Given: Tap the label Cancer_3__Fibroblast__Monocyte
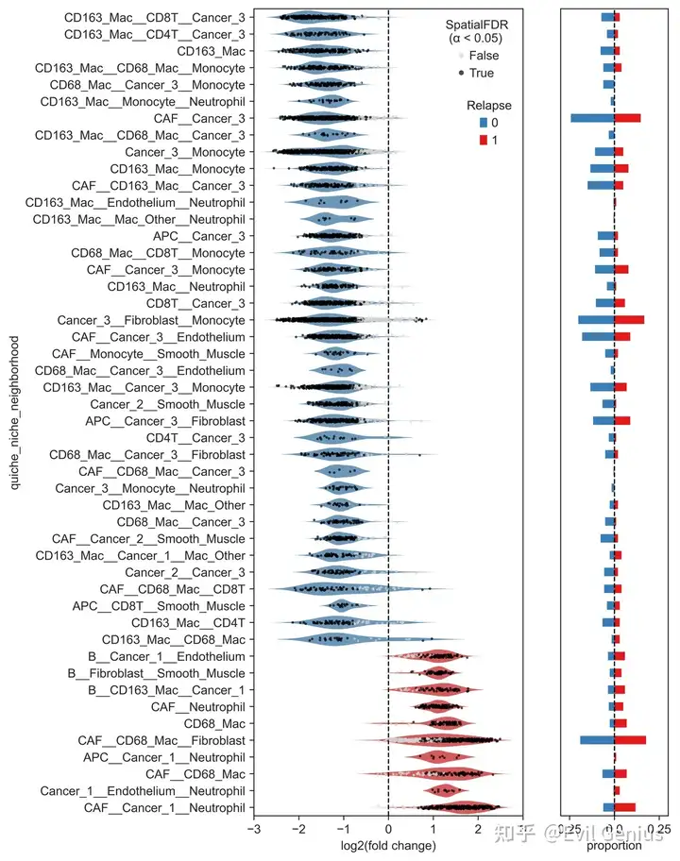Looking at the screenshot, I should pyautogui.click(x=151, y=320).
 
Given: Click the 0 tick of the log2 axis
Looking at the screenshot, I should pyautogui.click(x=388, y=829).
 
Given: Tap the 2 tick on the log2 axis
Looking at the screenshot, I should pyautogui.click(x=477, y=829).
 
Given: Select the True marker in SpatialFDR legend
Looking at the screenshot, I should pyautogui.click(x=460, y=73).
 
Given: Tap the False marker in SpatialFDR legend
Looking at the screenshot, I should pyautogui.click(x=460, y=56).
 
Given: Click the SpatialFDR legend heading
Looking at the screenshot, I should pyautogui.click(x=474, y=31).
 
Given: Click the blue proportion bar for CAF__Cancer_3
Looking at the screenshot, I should pyautogui.click(x=592, y=118).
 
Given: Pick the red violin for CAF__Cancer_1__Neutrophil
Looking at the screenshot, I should pyautogui.click(x=453, y=808).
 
